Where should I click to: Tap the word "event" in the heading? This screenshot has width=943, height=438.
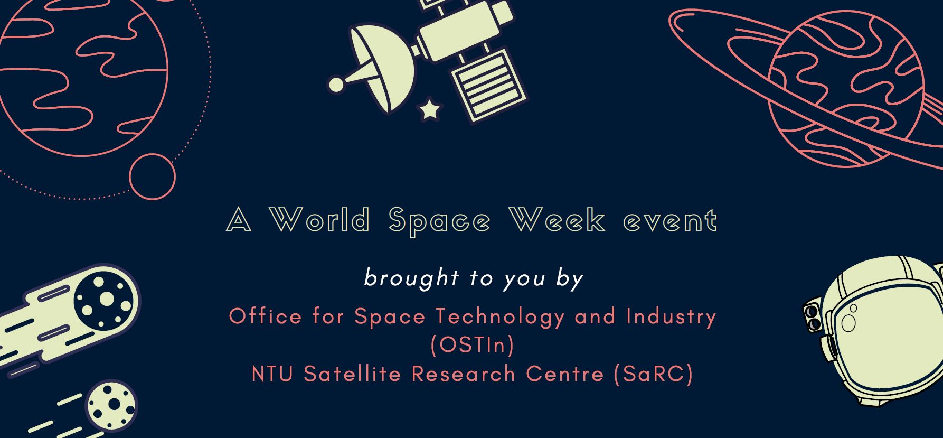click(671, 220)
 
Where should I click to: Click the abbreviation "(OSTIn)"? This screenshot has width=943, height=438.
click(472, 345)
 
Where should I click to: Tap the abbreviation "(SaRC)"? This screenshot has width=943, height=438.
click(654, 374)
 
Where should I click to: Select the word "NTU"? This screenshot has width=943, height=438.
click(272, 374)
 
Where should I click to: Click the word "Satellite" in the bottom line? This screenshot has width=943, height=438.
click(353, 374)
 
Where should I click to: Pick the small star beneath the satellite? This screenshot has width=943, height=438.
click(430, 110)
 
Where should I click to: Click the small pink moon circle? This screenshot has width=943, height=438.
click(152, 176)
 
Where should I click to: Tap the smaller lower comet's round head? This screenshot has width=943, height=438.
click(111, 405)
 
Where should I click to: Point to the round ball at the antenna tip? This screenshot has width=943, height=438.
click(336, 84)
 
